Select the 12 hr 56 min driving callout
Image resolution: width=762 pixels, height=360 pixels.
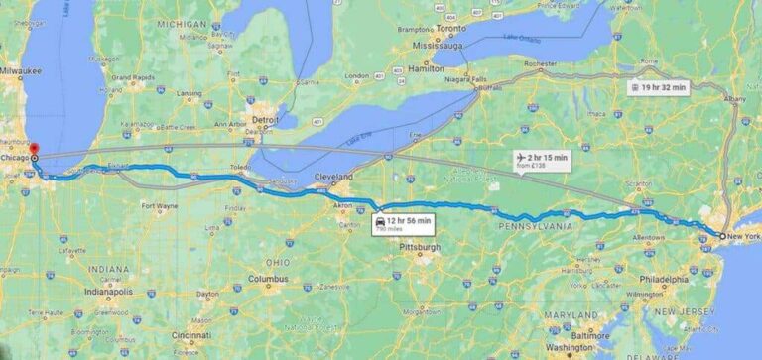[403, 221]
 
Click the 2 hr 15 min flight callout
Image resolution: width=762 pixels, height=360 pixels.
[544, 161]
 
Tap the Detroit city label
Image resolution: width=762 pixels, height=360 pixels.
[264, 119]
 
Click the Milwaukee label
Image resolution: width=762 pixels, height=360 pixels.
[22, 72]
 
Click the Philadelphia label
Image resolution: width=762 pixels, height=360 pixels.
[664, 279]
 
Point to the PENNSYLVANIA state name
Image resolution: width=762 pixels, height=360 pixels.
[536, 226]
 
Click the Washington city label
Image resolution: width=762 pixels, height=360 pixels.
[570, 348]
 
